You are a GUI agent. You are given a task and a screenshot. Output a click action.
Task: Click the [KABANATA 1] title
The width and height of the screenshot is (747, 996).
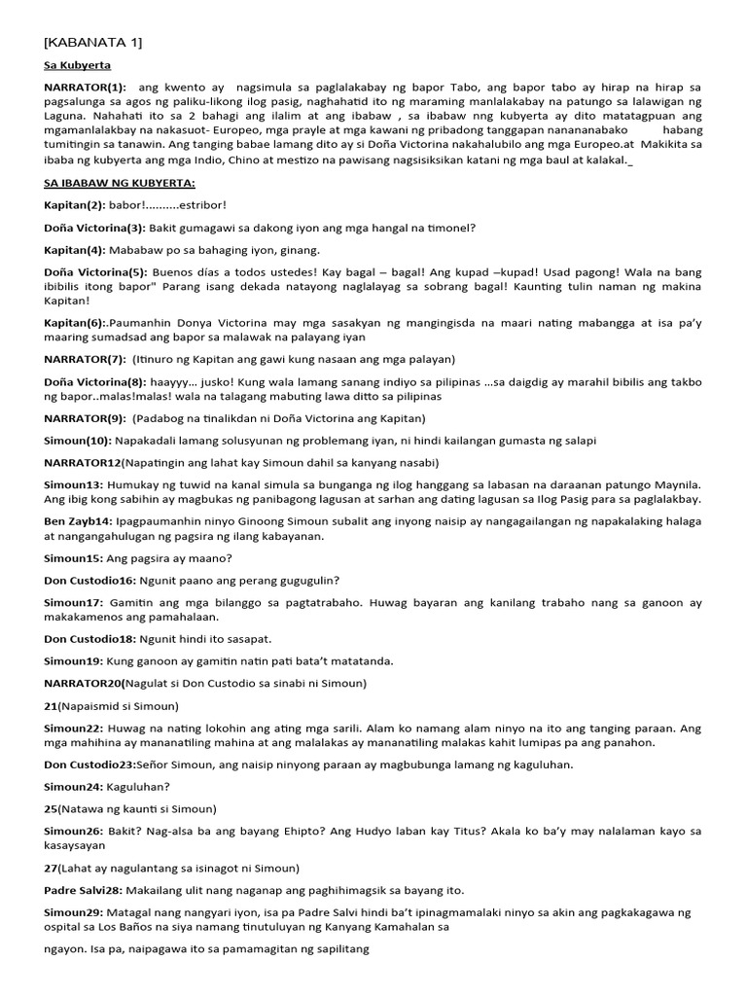tap(93, 42)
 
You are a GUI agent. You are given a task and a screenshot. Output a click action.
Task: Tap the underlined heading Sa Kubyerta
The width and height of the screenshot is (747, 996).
tap(78, 65)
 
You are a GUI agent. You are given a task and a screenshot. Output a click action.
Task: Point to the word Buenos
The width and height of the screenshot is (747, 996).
tap(175, 273)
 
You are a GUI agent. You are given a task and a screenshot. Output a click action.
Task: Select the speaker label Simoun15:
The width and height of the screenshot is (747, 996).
tap(76, 558)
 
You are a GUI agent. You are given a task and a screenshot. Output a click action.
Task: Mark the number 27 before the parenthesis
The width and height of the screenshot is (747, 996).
tap(51, 868)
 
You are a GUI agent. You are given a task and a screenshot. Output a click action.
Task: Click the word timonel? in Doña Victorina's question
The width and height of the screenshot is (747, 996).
tap(446, 229)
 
